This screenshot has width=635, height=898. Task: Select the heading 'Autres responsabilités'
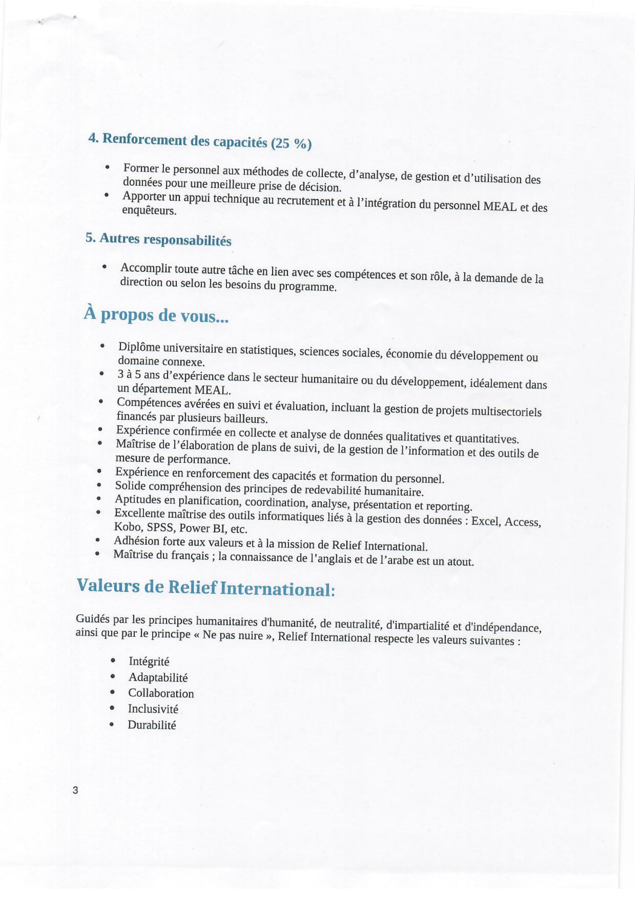(158, 239)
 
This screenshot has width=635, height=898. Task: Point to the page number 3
(76, 790)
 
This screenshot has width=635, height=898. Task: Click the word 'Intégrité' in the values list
(149, 662)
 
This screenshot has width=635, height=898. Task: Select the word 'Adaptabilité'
(158, 677)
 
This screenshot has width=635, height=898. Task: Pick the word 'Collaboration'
(161, 693)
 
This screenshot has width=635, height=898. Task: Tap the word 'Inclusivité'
(153, 709)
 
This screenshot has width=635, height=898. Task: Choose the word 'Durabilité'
(152, 725)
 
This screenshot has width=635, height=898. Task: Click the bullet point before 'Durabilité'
(112, 724)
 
